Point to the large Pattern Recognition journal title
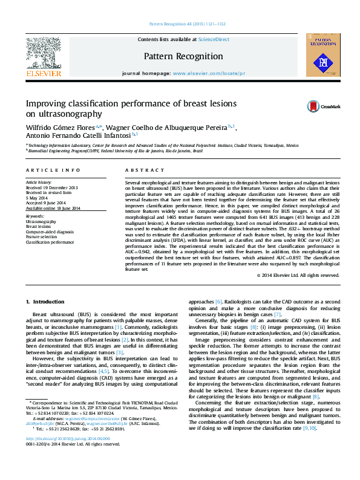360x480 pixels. coord(183,56)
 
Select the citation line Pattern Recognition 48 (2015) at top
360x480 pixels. coord(186,24)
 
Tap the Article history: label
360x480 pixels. coord(39,182)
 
